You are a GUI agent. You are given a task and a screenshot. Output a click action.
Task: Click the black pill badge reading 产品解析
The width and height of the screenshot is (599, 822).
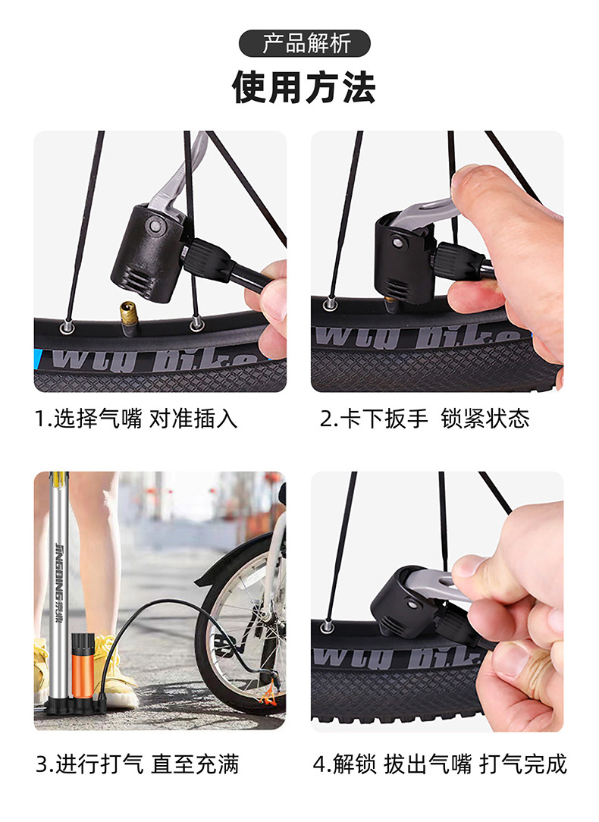305,43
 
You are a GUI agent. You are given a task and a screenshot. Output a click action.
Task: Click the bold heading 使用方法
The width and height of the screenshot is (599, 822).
304,87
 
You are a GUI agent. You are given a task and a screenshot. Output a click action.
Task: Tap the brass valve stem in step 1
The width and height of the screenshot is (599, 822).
127,319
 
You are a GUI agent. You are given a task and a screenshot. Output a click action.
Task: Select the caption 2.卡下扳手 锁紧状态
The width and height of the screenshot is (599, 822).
425,419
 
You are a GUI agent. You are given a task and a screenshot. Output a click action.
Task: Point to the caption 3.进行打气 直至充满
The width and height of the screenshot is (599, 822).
137,764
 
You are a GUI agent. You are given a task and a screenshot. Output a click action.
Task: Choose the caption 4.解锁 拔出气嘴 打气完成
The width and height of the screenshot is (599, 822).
441,764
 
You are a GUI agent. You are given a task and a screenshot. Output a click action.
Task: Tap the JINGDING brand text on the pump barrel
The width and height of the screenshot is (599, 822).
59,582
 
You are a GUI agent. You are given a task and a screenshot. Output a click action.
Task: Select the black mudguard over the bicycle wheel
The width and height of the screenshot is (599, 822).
237,556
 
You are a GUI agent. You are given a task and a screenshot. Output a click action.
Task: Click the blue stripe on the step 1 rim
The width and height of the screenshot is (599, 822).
38,359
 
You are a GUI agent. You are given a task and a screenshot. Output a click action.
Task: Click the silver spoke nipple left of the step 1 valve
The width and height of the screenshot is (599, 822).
67,327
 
